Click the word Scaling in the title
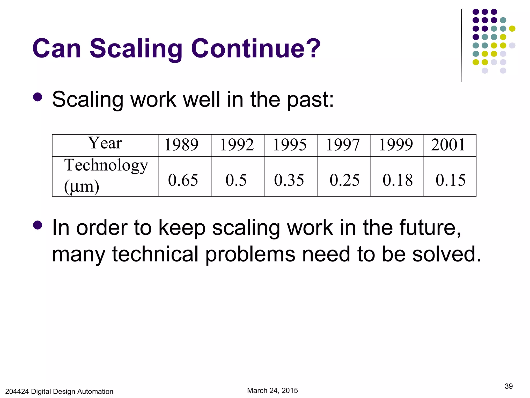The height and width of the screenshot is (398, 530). point(136,48)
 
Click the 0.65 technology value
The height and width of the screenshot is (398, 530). point(183,180)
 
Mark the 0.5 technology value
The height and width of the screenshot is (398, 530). point(236,180)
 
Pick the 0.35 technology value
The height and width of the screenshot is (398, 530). point(289,180)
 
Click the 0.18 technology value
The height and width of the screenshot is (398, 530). point(397,180)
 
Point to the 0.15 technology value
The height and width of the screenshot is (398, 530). point(451,180)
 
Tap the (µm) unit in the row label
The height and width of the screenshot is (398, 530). point(82,186)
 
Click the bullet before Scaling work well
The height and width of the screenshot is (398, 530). point(38,97)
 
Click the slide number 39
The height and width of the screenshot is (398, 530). point(509,386)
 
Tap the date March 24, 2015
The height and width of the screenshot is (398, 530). point(272,390)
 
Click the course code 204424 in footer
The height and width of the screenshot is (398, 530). point(17,392)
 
